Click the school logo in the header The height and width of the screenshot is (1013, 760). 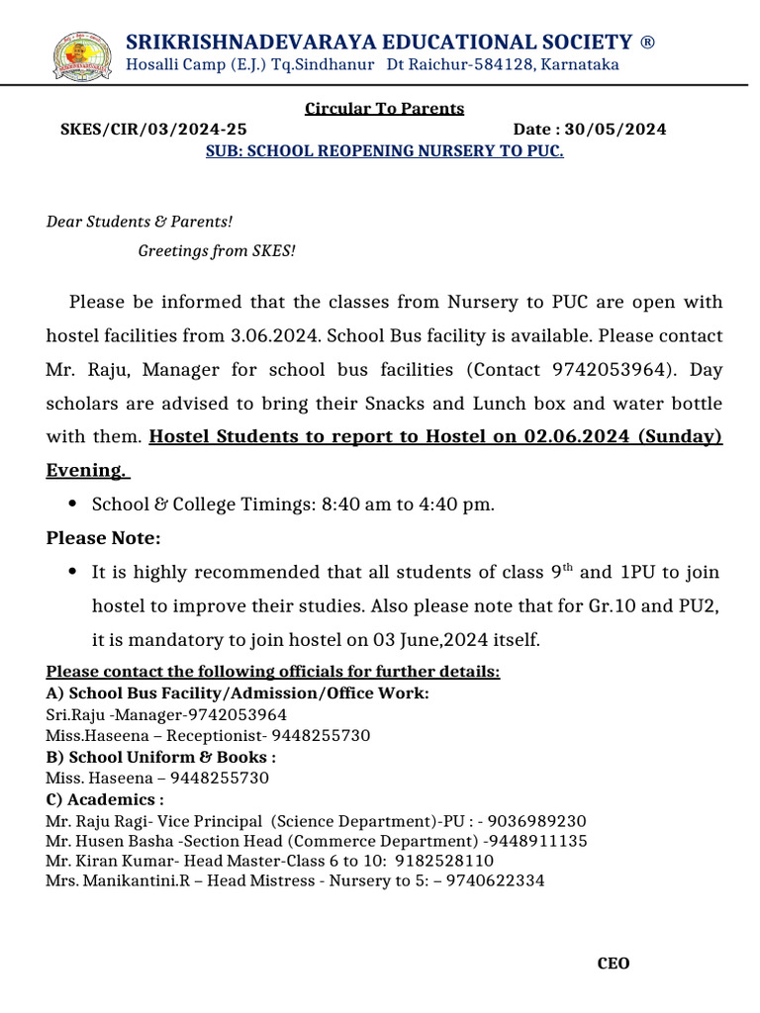pos(81,54)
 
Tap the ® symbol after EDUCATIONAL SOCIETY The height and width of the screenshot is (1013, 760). pos(647,42)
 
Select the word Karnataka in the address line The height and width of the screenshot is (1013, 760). pos(579,65)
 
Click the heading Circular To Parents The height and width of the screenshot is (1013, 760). pos(384,109)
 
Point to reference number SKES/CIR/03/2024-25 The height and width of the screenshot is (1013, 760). pos(153,130)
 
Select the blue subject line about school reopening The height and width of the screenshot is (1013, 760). pos(384,152)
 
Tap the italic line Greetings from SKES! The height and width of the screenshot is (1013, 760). pos(217,251)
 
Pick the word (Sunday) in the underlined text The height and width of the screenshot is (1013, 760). pos(682,436)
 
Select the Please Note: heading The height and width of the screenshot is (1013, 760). pos(103,538)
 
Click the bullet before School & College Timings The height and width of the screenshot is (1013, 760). pos(73,505)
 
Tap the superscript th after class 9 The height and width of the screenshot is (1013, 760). pos(568,568)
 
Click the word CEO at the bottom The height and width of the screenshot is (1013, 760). pos(614,964)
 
